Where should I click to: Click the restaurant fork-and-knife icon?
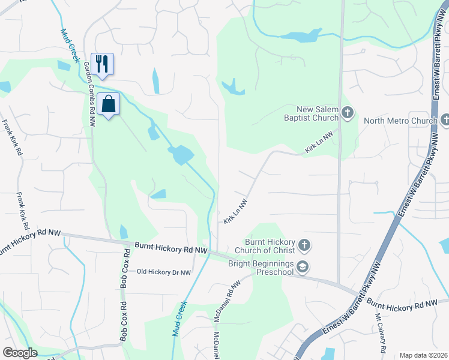pos(102,64)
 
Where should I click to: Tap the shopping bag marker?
pos(109,104)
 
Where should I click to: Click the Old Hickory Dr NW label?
pos(164,272)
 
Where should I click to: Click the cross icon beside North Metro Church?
pos(445,121)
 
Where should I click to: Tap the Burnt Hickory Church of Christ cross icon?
pos(305,245)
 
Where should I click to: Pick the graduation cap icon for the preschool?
pos(304,267)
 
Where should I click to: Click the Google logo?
pos(19,353)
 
